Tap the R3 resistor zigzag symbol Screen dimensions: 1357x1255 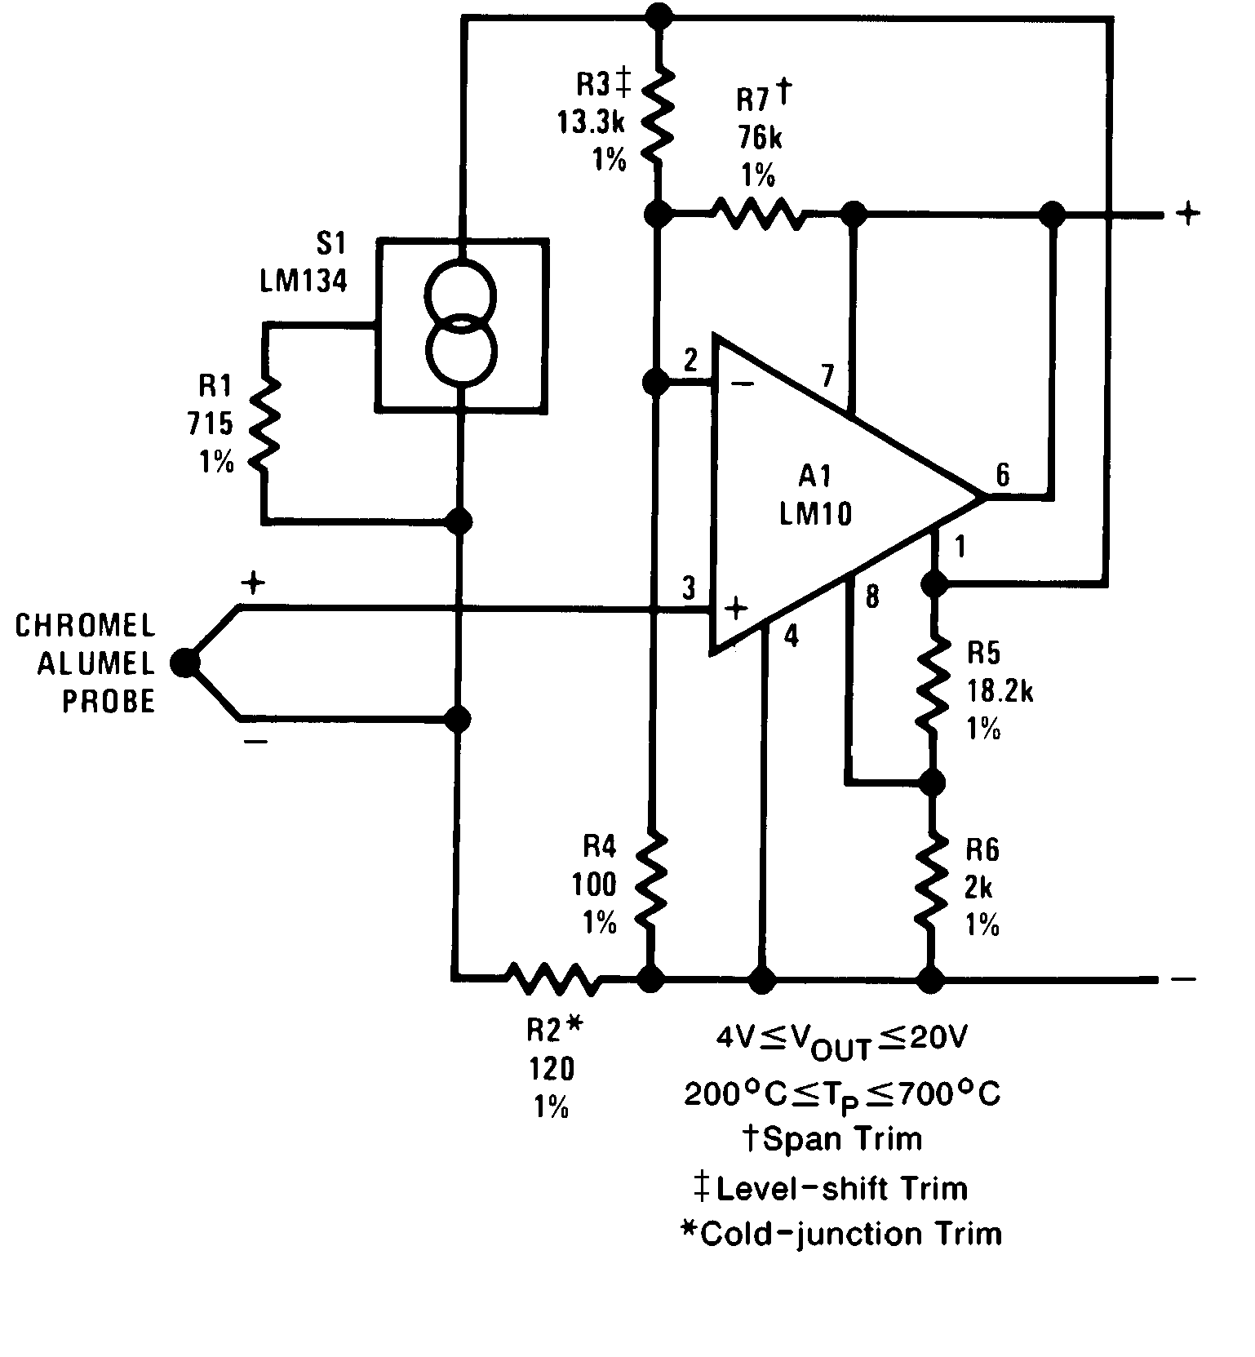coord(659,115)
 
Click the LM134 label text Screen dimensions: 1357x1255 coord(304,281)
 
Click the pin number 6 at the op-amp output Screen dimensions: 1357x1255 coord(1002,475)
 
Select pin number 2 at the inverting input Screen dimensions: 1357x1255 coord(690,360)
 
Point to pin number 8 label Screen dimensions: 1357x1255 coord(872,597)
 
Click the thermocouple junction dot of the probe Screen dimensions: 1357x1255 coord(185,663)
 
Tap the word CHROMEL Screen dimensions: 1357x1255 coord(85,626)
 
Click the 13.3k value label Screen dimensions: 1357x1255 coord(591,122)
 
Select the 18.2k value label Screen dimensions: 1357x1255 coord(1000,691)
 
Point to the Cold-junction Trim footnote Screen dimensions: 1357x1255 coord(841,1233)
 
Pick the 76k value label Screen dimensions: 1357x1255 coord(760,138)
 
